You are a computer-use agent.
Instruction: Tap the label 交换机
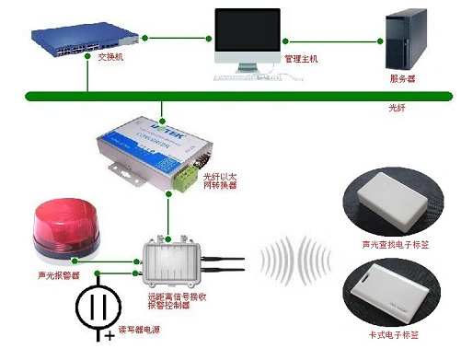pyautogui.click(x=109, y=57)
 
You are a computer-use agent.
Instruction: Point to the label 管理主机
pyautogui.click(x=301, y=59)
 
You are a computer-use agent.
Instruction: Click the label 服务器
pyautogui.click(x=403, y=79)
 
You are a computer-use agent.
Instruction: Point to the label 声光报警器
pyautogui.click(x=57, y=275)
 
